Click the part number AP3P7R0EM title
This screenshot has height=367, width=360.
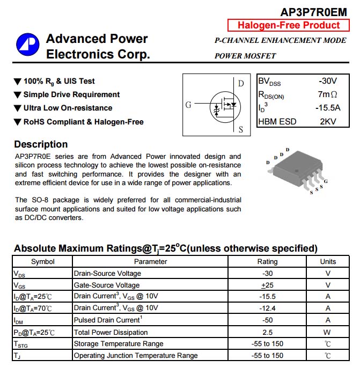[313, 11]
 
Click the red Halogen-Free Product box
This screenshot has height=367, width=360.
[289, 25]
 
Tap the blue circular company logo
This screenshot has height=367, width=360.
[27, 46]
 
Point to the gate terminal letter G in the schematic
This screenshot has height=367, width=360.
[188, 105]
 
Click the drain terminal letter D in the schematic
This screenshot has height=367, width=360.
[241, 83]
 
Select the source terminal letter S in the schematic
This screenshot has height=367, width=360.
[241, 129]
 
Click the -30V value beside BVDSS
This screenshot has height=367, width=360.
[327, 81]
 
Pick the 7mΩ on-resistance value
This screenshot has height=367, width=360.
[327, 94]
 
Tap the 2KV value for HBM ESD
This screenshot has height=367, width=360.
[328, 121]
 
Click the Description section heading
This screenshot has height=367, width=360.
[41, 144]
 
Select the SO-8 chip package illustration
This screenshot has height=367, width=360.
[296, 171]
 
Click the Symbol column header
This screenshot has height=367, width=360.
[42, 262]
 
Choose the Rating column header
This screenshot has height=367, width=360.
[267, 262]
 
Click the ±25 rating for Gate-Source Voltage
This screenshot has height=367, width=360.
[267, 285]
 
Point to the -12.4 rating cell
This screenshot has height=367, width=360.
[267, 308]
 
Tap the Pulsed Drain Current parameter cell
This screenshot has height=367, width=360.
[107, 320]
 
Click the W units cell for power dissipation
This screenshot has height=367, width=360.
[328, 332]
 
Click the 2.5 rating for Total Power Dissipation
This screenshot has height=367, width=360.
[267, 332]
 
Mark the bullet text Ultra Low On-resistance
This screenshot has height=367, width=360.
[68, 108]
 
